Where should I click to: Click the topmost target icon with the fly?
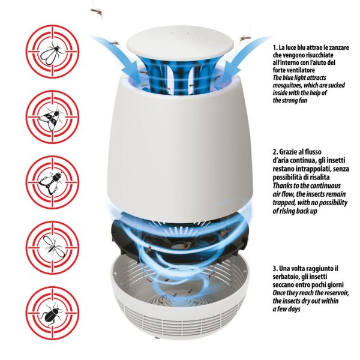tap(53, 52)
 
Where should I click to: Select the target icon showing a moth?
tap(53, 117)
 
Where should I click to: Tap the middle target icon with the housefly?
tap(53, 182)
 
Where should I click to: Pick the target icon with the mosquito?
tap(53, 248)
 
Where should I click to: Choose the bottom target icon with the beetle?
tap(53, 313)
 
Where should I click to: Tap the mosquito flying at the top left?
tap(97, 11)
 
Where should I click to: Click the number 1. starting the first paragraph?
tap(275, 47)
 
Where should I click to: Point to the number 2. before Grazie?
tap(275, 152)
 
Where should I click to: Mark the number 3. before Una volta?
tap(275, 268)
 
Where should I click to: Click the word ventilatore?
tap(301, 70)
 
